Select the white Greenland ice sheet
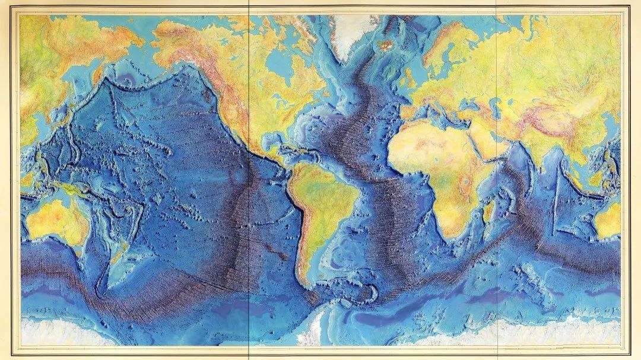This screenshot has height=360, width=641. (350, 30)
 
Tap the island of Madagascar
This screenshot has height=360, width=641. (487, 210)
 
